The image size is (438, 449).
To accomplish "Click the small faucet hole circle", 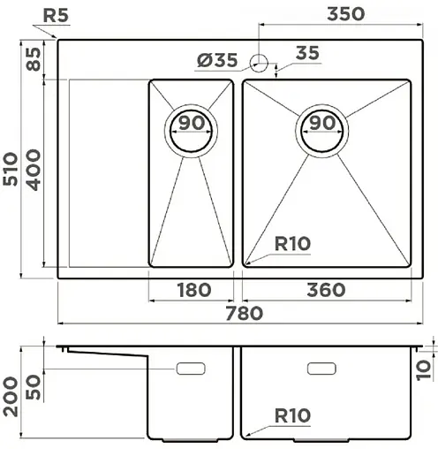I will click(260, 62).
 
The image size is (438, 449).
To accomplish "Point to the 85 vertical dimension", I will click(33, 59).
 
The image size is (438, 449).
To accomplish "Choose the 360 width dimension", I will click(325, 290).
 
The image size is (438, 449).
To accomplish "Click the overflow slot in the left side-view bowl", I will click(191, 367).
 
